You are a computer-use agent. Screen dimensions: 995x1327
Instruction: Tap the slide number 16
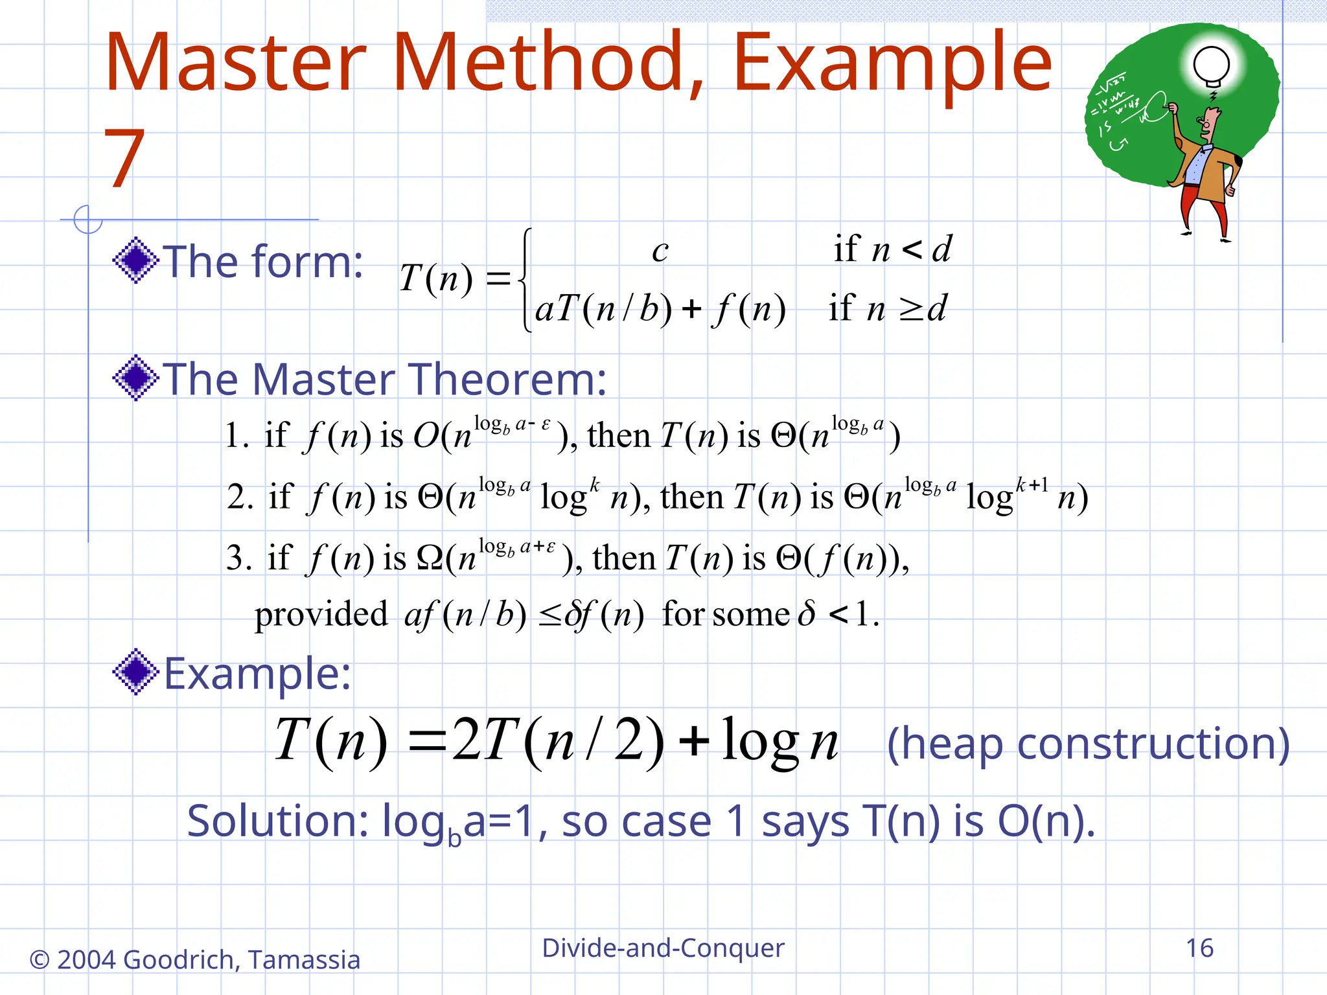[1199, 948]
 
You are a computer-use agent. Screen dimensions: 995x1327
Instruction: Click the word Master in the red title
[235, 63]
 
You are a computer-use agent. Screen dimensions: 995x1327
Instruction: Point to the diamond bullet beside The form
[135, 260]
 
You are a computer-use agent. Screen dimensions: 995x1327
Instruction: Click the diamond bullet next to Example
[135, 672]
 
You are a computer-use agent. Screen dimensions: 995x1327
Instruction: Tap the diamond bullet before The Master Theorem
[135, 378]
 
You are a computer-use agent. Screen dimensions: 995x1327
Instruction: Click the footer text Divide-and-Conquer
[663, 948]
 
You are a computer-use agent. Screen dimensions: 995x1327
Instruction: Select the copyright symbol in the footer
[40, 960]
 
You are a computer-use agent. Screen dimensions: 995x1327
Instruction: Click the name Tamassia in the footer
[304, 960]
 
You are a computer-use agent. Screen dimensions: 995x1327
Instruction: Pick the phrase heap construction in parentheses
[1088, 744]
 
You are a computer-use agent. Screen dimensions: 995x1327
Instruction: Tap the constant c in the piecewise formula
[660, 251]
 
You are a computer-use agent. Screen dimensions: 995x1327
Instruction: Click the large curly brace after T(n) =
[526, 280]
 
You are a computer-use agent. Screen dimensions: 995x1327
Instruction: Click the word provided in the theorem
[321, 614]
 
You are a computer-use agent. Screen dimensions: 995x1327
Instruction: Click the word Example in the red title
[892, 63]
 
